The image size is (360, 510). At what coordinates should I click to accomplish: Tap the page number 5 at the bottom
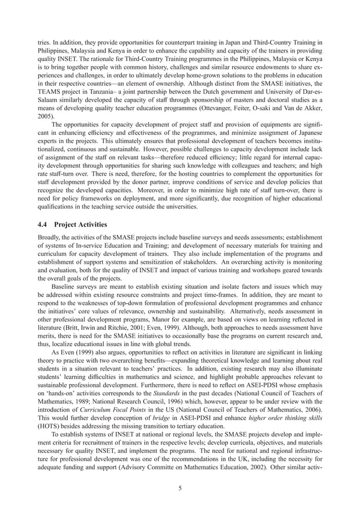click(x=179, y=489)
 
